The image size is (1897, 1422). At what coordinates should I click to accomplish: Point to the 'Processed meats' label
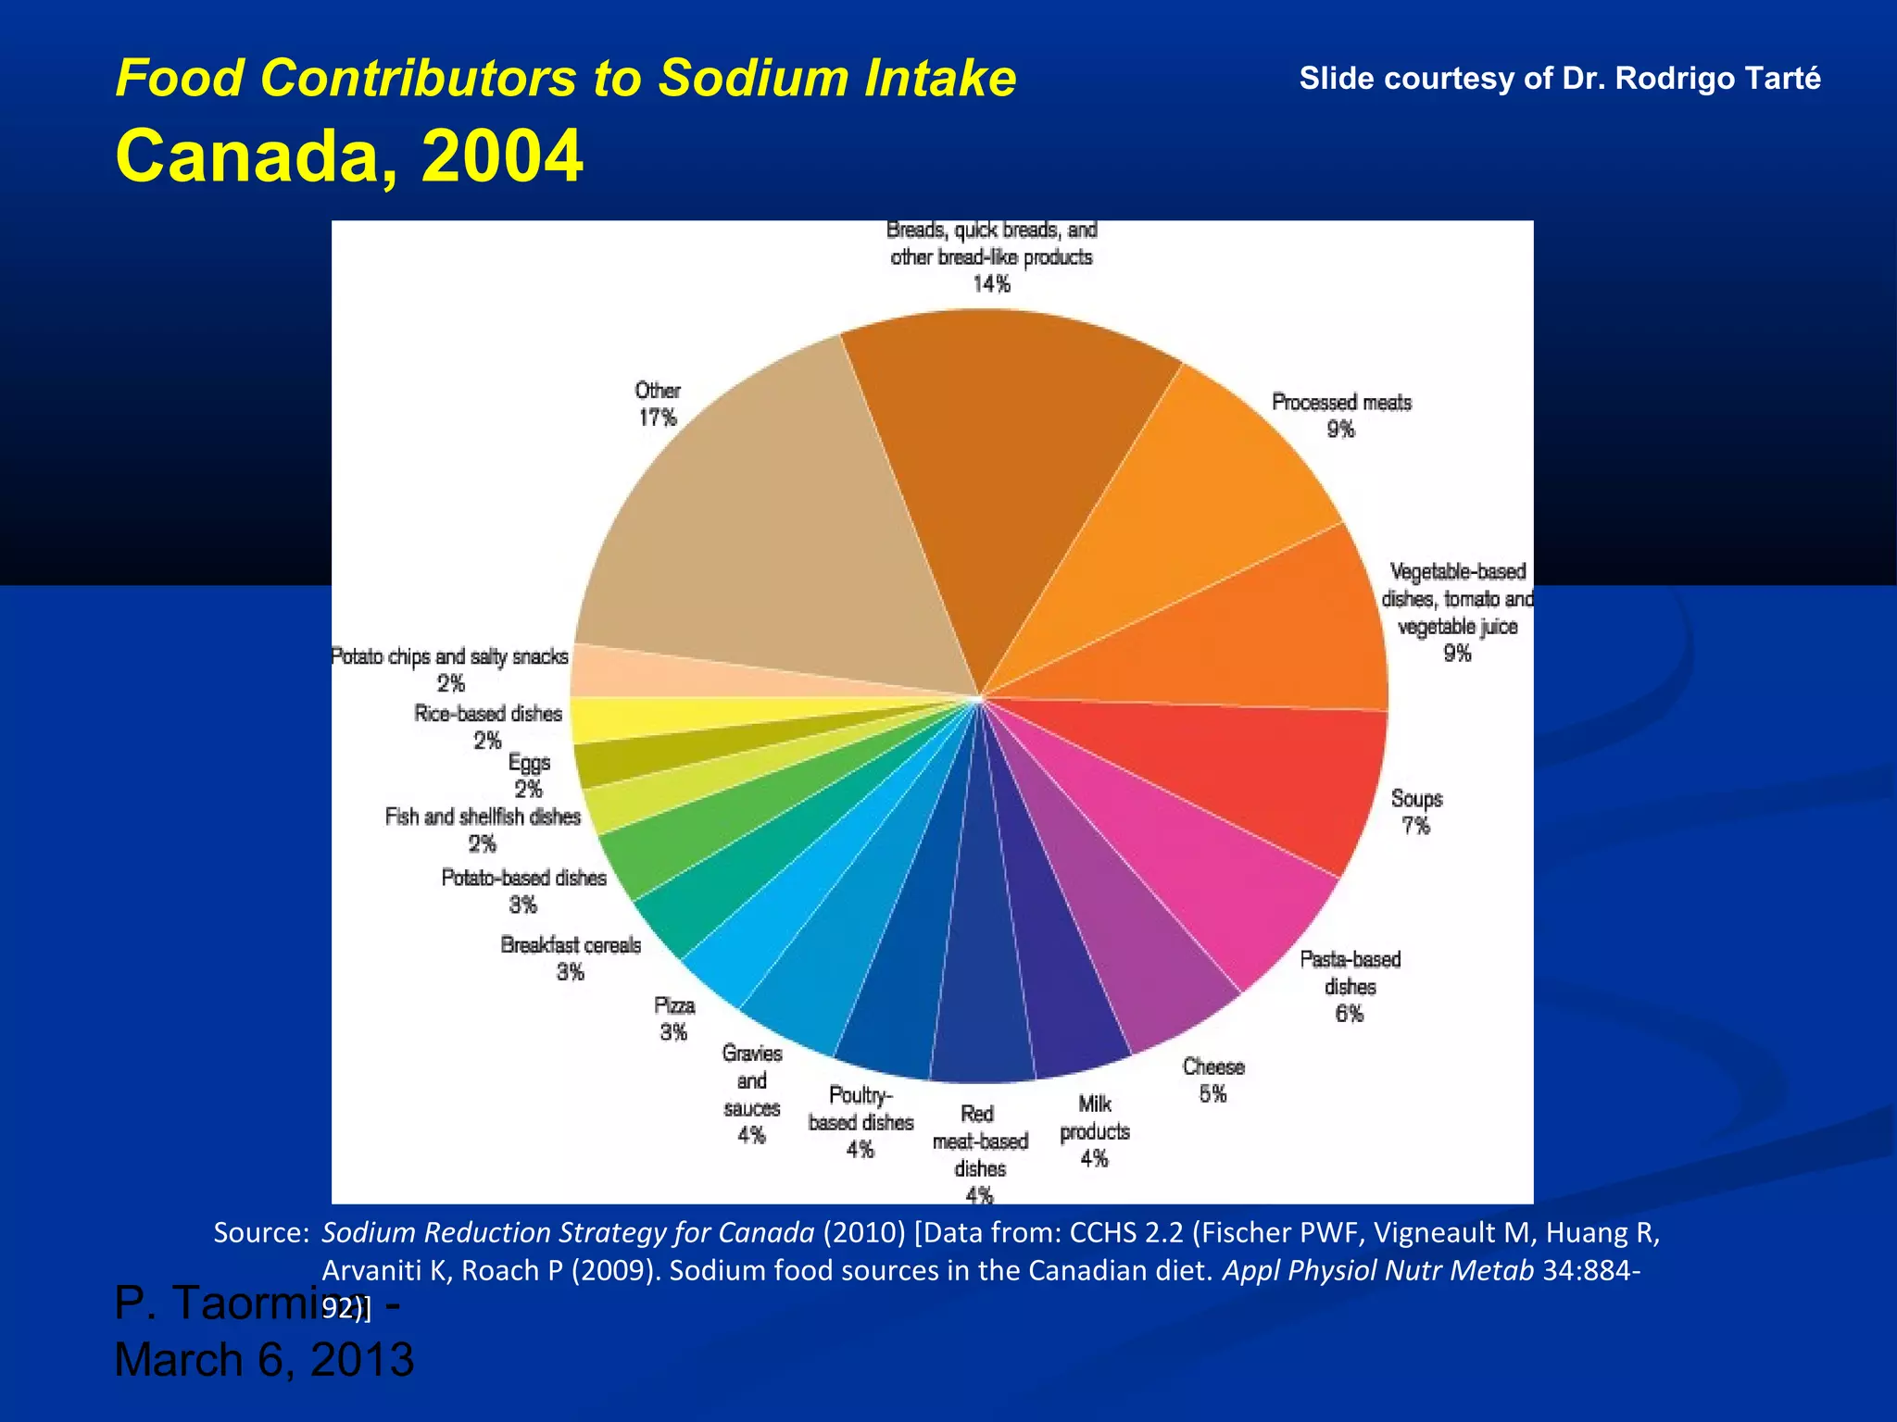pyautogui.click(x=1341, y=403)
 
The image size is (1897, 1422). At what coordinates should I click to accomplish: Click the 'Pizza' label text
pyautogui.click(x=674, y=1006)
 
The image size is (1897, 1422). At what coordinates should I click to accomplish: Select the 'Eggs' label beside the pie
pyautogui.click(x=529, y=763)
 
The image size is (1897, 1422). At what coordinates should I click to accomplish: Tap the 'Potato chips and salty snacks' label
pyautogui.click(x=450, y=657)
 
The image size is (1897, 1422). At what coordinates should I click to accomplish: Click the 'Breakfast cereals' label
pyautogui.click(x=571, y=945)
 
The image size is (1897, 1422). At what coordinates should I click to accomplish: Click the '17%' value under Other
pyautogui.click(x=658, y=418)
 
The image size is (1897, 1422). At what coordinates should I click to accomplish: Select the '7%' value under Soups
pyautogui.click(x=1416, y=826)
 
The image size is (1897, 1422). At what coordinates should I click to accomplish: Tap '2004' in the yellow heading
pyautogui.click(x=502, y=156)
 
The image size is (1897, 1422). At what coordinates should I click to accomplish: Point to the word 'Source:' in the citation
pyautogui.click(x=260, y=1233)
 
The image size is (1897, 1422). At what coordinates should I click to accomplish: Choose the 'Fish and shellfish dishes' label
pyautogui.click(x=483, y=817)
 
